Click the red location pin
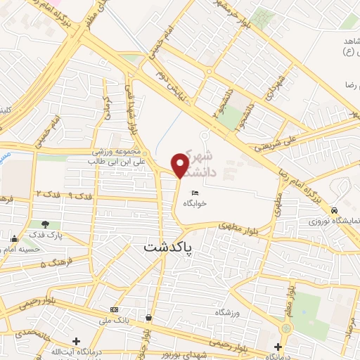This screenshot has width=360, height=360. coord(180,165)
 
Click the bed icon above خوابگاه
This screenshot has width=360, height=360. coord(194,193)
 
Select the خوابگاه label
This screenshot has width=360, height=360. coord(193,202)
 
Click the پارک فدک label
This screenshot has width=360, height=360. coord(45,233)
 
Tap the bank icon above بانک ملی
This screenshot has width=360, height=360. coord(114,309)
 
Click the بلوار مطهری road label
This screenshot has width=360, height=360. coord(233,226)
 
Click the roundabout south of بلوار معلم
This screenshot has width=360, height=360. coord(286,328)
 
